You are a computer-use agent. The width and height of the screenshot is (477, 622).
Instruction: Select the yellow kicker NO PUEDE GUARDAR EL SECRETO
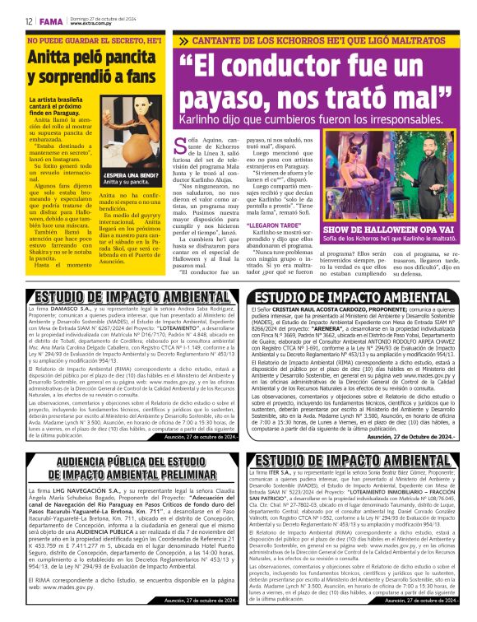tap(89, 40)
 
